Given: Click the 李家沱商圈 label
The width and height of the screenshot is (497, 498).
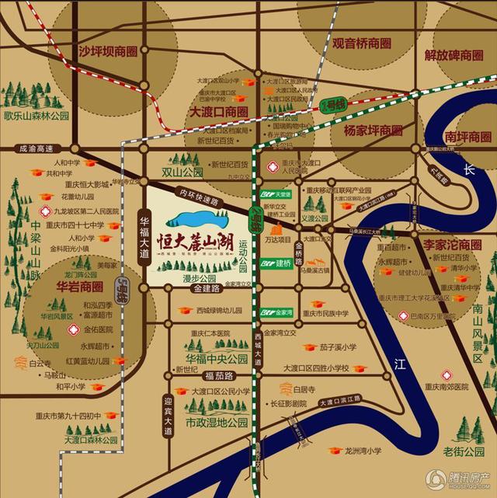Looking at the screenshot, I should point(452,245).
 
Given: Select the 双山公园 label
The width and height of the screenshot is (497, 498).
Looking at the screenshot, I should point(182,171).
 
